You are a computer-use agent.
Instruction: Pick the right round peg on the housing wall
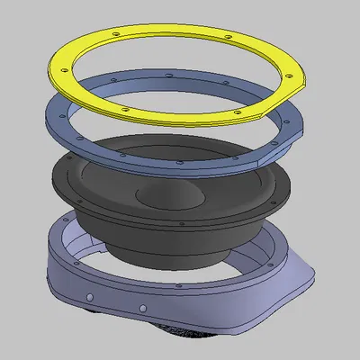(140, 310)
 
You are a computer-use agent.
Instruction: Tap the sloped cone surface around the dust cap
(207, 202)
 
